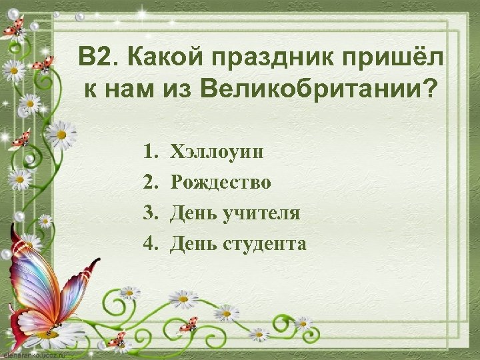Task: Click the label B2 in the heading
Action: click(x=93, y=57)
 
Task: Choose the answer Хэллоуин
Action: click(x=217, y=151)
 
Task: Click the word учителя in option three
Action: click(x=261, y=213)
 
